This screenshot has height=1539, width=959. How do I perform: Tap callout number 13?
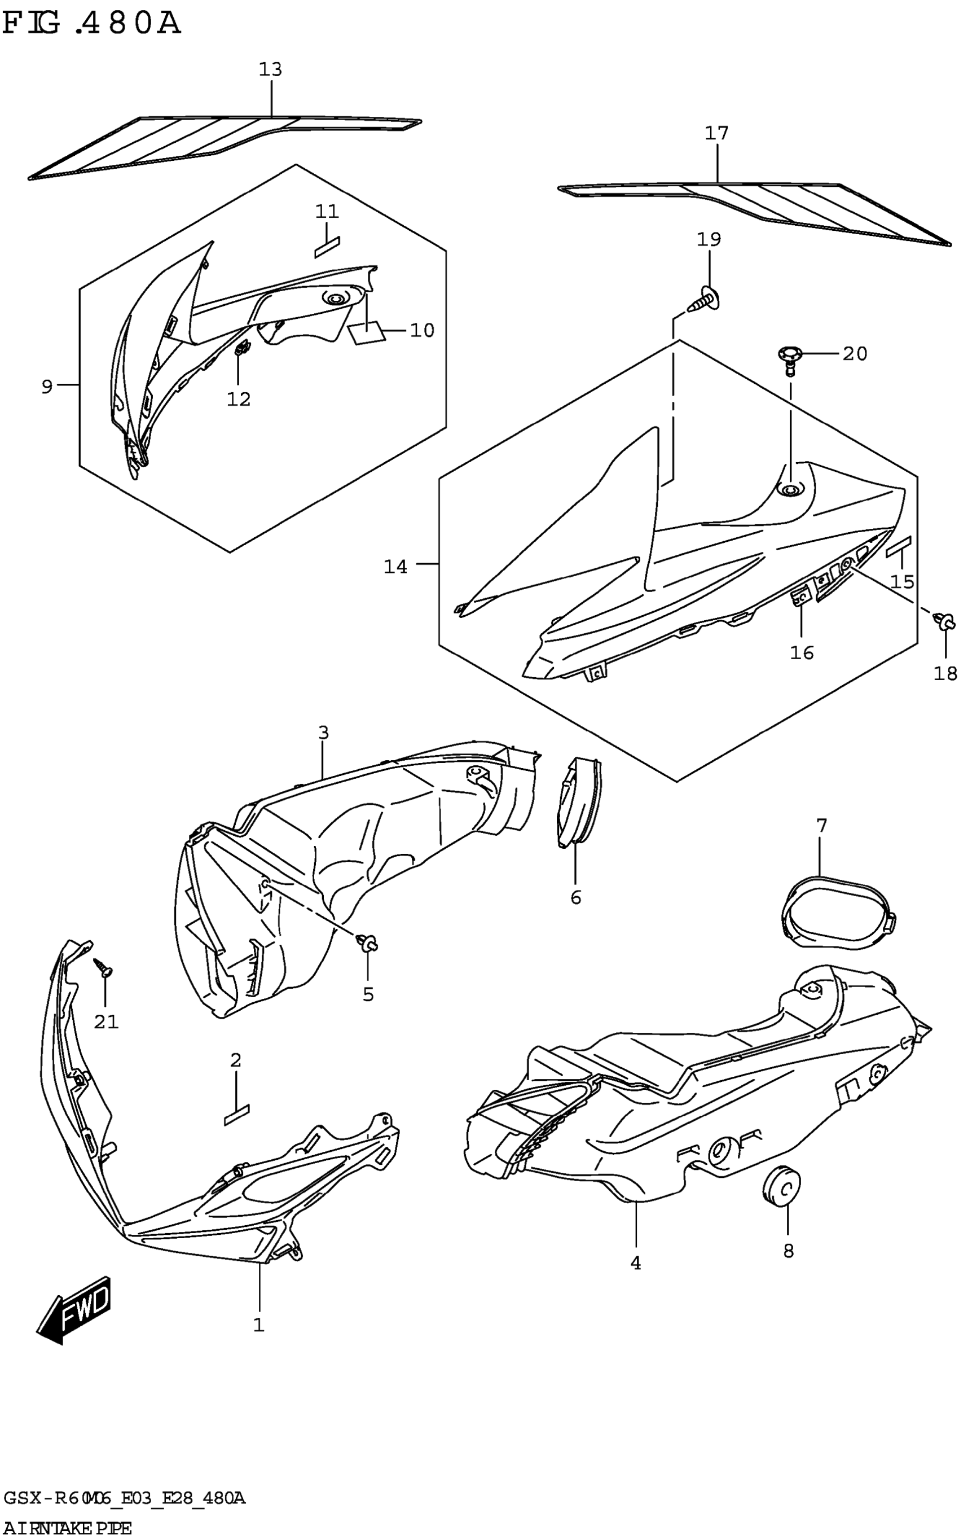pyautogui.click(x=270, y=69)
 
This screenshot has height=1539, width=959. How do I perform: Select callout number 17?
pyautogui.click(x=717, y=133)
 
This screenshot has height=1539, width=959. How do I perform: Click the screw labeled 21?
pyautogui.click(x=103, y=968)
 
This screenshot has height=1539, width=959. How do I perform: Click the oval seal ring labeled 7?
pyautogui.click(x=837, y=914)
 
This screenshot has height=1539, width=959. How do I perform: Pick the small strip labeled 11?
pyautogui.click(x=327, y=247)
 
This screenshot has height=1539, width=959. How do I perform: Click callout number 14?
pyautogui.click(x=395, y=567)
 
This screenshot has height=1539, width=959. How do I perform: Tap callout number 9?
pyautogui.click(x=47, y=387)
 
